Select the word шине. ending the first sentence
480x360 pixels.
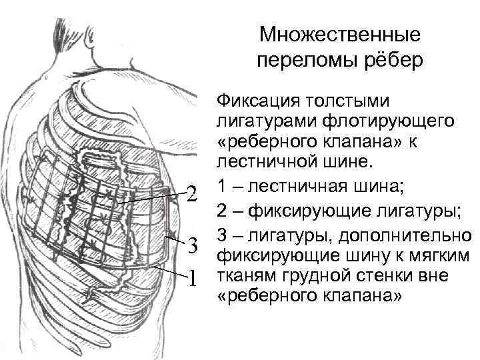click(346, 161)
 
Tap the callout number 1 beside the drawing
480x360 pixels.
click(193, 277)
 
